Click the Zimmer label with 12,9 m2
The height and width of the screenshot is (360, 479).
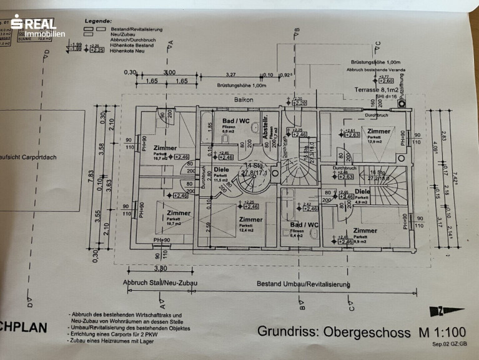[378, 131]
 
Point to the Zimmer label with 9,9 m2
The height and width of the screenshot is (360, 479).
[365, 231]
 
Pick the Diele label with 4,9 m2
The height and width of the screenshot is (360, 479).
[362, 191]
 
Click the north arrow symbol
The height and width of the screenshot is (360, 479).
[447, 310]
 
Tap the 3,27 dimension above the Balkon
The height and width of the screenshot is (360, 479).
[230, 74]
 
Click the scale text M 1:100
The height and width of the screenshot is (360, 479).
[435, 331]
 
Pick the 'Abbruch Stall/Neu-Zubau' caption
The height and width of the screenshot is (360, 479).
[160, 283]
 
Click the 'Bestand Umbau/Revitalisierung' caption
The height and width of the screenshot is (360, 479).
[304, 284]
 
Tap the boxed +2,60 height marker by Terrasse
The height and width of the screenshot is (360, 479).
[386, 81]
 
